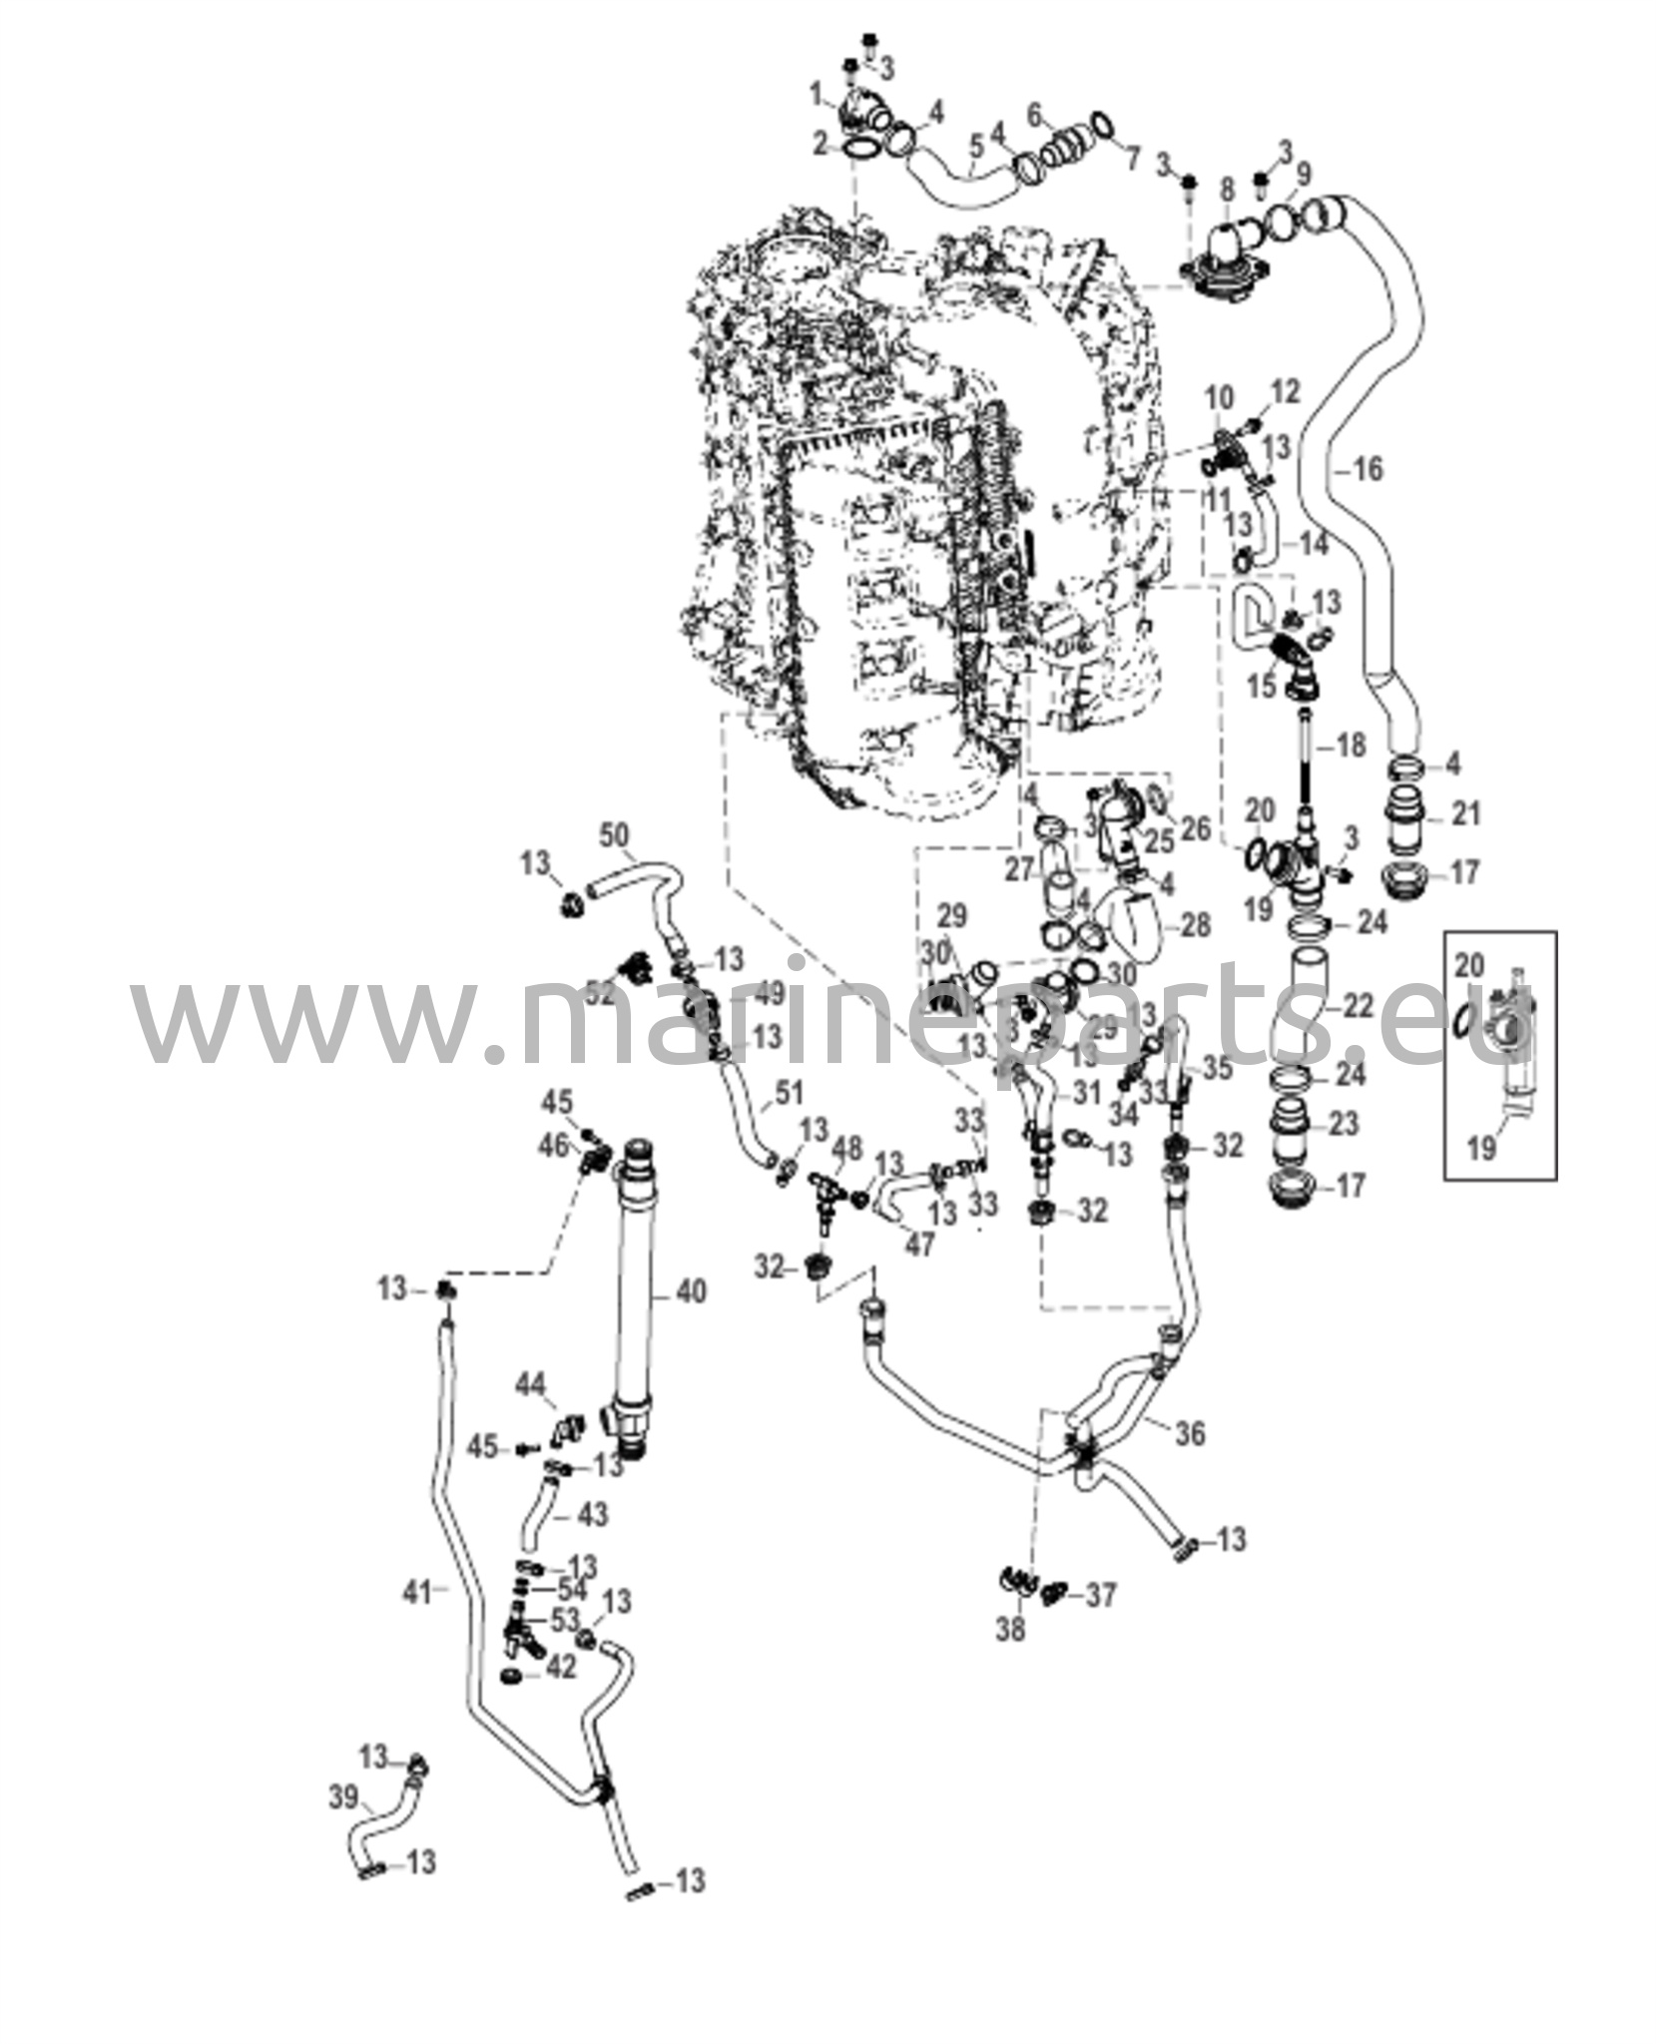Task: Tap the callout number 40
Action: click(x=690, y=1290)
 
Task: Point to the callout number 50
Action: click(x=616, y=833)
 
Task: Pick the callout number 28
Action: click(x=1194, y=925)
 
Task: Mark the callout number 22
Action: click(x=1357, y=1006)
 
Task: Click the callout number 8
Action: click(x=1227, y=189)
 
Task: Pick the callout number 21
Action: click(x=1464, y=814)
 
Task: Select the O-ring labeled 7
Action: click(x=1100, y=125)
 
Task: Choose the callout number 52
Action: click(x=600, y=993)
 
